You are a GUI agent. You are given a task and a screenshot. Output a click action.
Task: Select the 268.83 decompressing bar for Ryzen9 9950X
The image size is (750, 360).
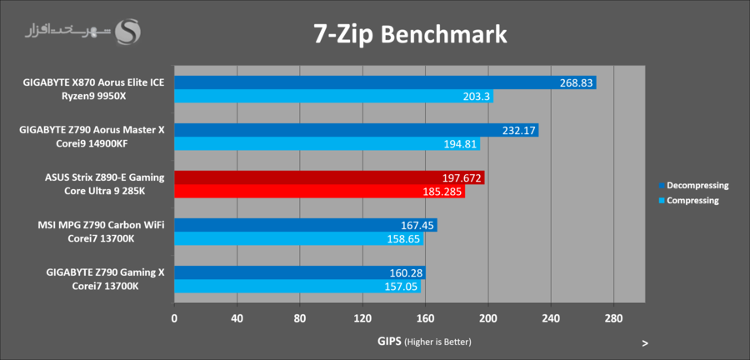385,82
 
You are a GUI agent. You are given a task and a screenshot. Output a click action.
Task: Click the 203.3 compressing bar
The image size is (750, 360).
333,97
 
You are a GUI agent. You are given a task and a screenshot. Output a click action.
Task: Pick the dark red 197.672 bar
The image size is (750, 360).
329,177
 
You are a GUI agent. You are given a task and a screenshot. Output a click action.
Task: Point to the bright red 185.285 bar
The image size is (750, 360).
319,192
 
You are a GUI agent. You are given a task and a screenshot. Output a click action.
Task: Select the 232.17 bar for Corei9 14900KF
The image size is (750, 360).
356,130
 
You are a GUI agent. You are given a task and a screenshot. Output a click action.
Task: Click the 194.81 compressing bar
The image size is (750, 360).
327,144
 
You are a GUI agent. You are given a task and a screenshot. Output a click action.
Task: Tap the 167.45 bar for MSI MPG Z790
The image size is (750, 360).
305,225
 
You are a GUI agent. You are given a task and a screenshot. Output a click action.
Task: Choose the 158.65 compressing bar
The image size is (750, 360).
298,239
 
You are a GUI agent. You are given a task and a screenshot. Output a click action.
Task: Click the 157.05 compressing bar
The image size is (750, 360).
297,287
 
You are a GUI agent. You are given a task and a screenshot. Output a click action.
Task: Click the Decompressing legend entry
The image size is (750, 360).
692,185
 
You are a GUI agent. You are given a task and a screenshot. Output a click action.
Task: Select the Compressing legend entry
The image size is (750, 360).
688,200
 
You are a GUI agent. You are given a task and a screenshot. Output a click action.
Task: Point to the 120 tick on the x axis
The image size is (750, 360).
362,317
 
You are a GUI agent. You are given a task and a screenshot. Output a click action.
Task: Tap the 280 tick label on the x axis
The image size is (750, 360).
613,317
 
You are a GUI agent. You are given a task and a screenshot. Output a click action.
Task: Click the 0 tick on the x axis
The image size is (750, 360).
174,317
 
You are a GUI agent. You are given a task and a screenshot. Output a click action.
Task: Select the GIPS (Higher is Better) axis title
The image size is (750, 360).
425,342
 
